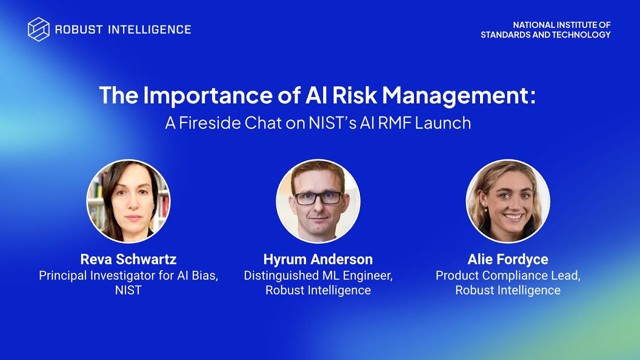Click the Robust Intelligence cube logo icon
click(38, 29)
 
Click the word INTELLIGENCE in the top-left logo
click(149, 29)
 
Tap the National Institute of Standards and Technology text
click(545, 30)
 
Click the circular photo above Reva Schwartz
click(128, 201)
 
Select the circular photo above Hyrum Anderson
click(318, 201)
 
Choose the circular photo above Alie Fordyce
click(507, 201)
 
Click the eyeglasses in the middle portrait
click(318, 197)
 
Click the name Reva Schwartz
click(128, 259)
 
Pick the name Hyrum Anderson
click(318, 259)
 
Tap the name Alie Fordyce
click(507, 259)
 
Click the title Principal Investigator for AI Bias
click(128, 275)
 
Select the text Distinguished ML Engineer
click(318, 275)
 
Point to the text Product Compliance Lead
click(507, 275)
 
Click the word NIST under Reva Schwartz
click(128, 290)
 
